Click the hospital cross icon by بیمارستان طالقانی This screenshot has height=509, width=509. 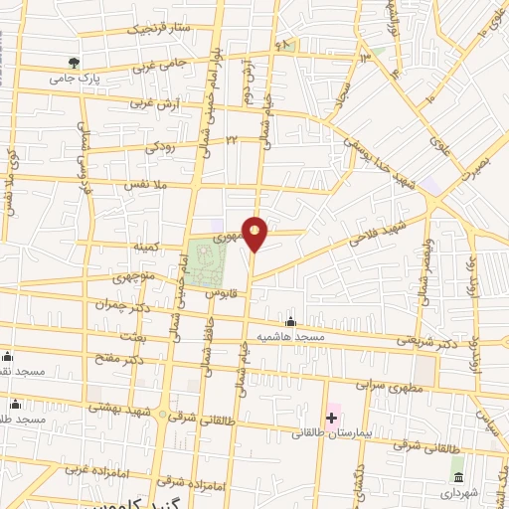331,418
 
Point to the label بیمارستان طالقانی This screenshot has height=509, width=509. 332,434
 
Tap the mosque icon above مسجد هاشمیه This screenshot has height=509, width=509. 290,322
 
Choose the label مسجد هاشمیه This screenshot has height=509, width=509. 292,338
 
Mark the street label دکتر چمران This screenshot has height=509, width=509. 135,308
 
